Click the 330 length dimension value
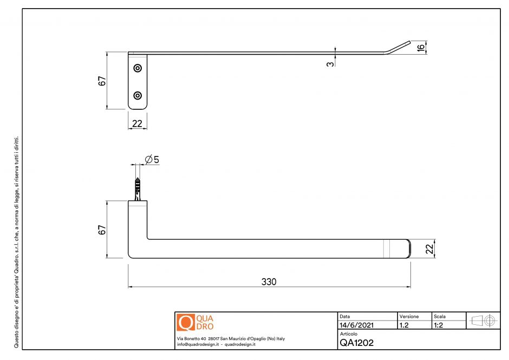[x=269, y=282]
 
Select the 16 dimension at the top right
[x=420, y=47]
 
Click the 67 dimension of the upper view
[x=101, y=81]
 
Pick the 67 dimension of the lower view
[x=101, y=229]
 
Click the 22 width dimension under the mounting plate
[x=137, y=123]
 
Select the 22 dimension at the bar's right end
[x=429, y=248]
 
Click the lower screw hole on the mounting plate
[x=138, y=95]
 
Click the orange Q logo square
[x=185, y=323]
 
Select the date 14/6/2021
[x=356, y=325]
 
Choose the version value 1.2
[x=404, y=325]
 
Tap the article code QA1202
[x=356, y=343]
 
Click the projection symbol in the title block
[x=484, y=320]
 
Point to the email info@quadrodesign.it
[x=198, y=344]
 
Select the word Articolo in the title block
[x=349, y=334]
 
